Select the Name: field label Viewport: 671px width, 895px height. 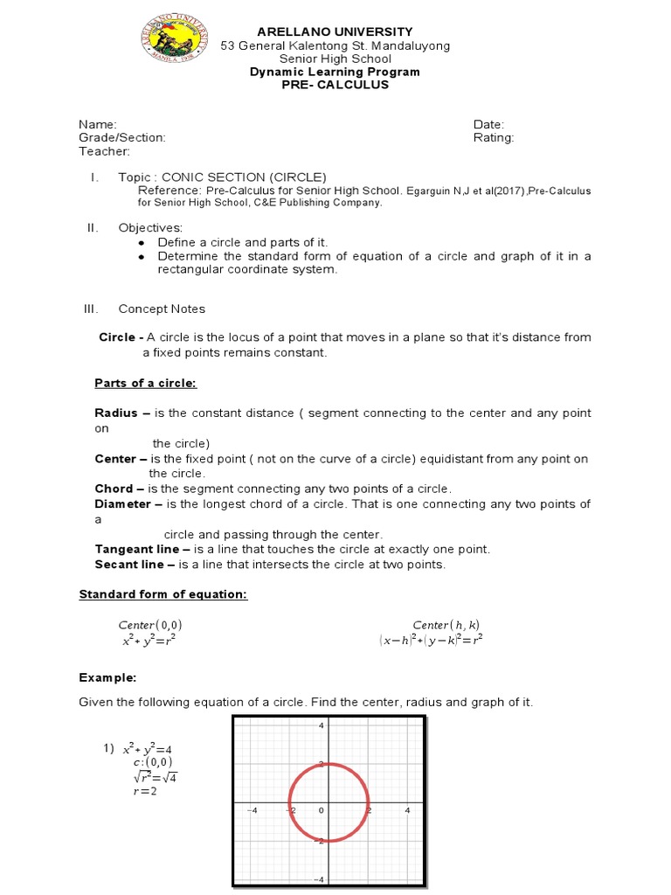tap(98, 125)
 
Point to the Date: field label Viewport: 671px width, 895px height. tap(488, 125)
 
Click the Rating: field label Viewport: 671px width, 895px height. tap(494, 138)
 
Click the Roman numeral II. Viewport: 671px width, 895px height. tap(92, 228)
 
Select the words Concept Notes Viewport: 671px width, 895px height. tap(162, 309)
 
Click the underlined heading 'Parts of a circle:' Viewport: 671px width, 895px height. tap(146, 384)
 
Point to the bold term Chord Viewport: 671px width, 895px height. tap(114, 489)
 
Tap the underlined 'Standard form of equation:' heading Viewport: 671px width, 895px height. tap(163, 594)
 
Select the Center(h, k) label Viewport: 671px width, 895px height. tap(446, 625)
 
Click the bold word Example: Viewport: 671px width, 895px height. tap(107, 677)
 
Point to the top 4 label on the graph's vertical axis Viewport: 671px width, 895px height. tap(321, 725)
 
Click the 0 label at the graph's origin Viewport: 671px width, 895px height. tap(321, 810)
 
